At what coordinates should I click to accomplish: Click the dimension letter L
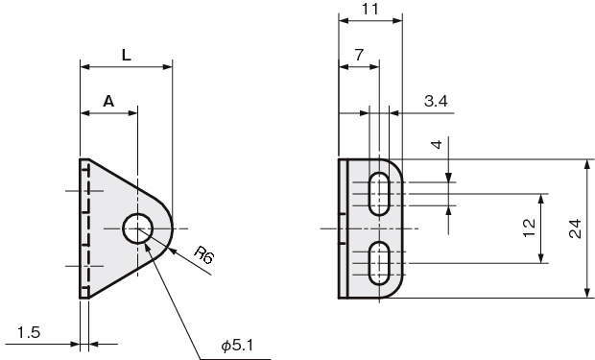tap(127, 56)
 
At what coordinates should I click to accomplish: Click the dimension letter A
tap(108, 102)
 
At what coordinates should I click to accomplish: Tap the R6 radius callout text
tap(203, 254)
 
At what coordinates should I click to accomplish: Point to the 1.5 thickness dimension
tap(29, 332)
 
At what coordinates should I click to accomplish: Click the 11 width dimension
tap(369, 9)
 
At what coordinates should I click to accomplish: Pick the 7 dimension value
tap(359, 55)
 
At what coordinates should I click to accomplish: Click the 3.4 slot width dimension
tap(436, 101)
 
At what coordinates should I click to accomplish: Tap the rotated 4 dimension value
tap(438, 144)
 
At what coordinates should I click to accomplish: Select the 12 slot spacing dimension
tap(530, 228)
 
